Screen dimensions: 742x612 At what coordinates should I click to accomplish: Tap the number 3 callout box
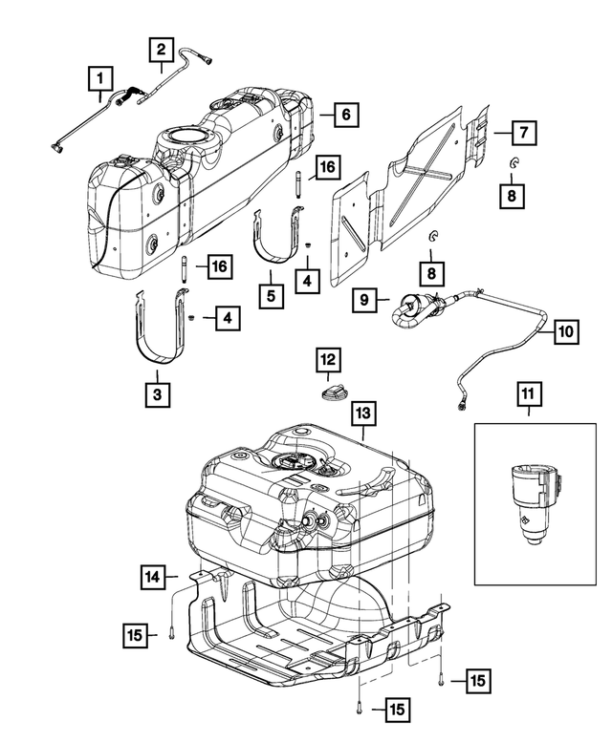(x=152, y=392)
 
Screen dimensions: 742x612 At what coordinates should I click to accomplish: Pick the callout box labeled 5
(x=272, y=295)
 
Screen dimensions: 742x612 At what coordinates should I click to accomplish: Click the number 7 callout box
(x=522, y=131)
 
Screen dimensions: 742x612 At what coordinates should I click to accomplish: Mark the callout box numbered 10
(x=564, y=332)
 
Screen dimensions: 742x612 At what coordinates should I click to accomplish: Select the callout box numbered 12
(x=328, y=359)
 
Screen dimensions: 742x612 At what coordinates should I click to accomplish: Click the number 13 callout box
(x=363, y=413)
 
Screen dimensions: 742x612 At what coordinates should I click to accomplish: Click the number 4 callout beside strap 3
(x=227, y=319)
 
